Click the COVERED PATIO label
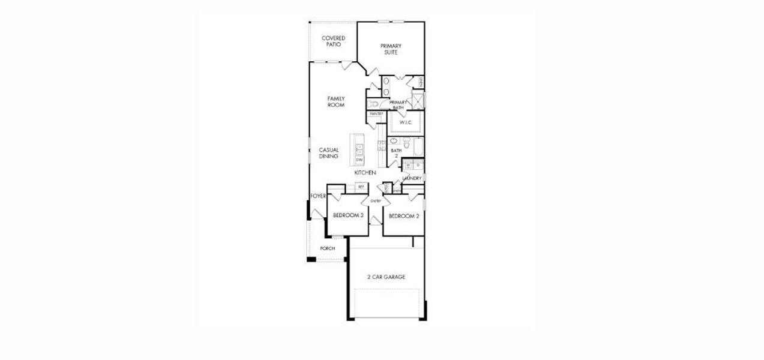pyautogui.click(x=333, y=41)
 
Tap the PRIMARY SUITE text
pyautogui.click(x=391, y=49)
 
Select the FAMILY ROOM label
pyautogui.click(x=335, y=101)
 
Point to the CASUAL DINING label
pyautogui.click(x=329, y=153)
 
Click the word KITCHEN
pyautogui.click(x=365, y=173)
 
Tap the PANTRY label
pyautogui.click(x=376, y=114)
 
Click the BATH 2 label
pyautogui.click(x=395, y=154)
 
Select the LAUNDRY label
pyautogui.click(x=412, y=178)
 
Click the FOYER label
pyautogui.click(x=318, y=196)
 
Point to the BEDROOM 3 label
pyautogui.click(x=349, y=215)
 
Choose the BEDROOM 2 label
pyautogui.click(x=403, y=216)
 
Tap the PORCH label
pyautogui.click(x=327, y=248)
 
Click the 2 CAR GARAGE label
pyautogui.click(x=387, y=277)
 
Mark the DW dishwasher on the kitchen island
pyautogui.click(x=359, y=160)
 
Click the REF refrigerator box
pyautogui.click(x=361, y=187)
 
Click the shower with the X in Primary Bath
pyautogui.click(x=418, y=100)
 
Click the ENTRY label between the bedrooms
pyautogui.click(x=376, y=201)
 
